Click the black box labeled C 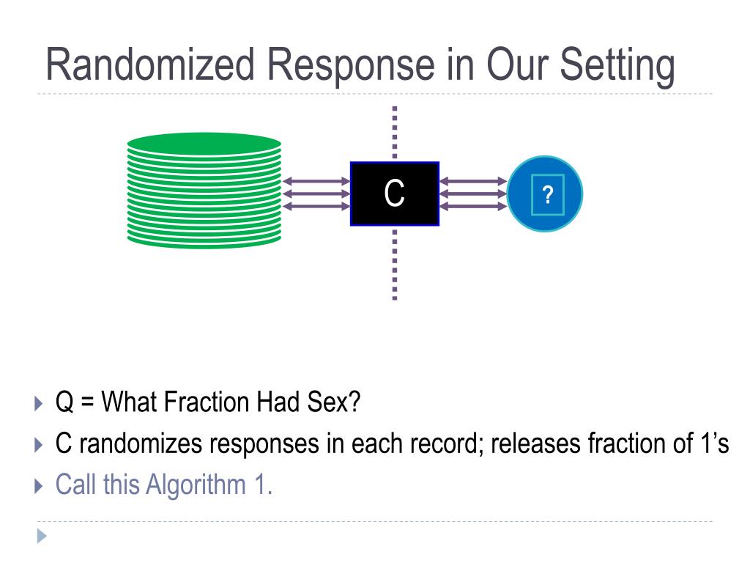tap(394, 194)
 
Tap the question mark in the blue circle tap(546, 194)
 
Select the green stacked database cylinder tap(204, 190)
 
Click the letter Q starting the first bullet tap(64, 402)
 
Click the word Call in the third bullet tap(76, 485)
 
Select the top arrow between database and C tap(316, 181)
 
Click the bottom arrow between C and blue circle tap(473, 206)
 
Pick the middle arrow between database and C tap(316, 194)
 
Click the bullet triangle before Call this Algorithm tap(40, 485)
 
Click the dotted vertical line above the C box tap(395, 132)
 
